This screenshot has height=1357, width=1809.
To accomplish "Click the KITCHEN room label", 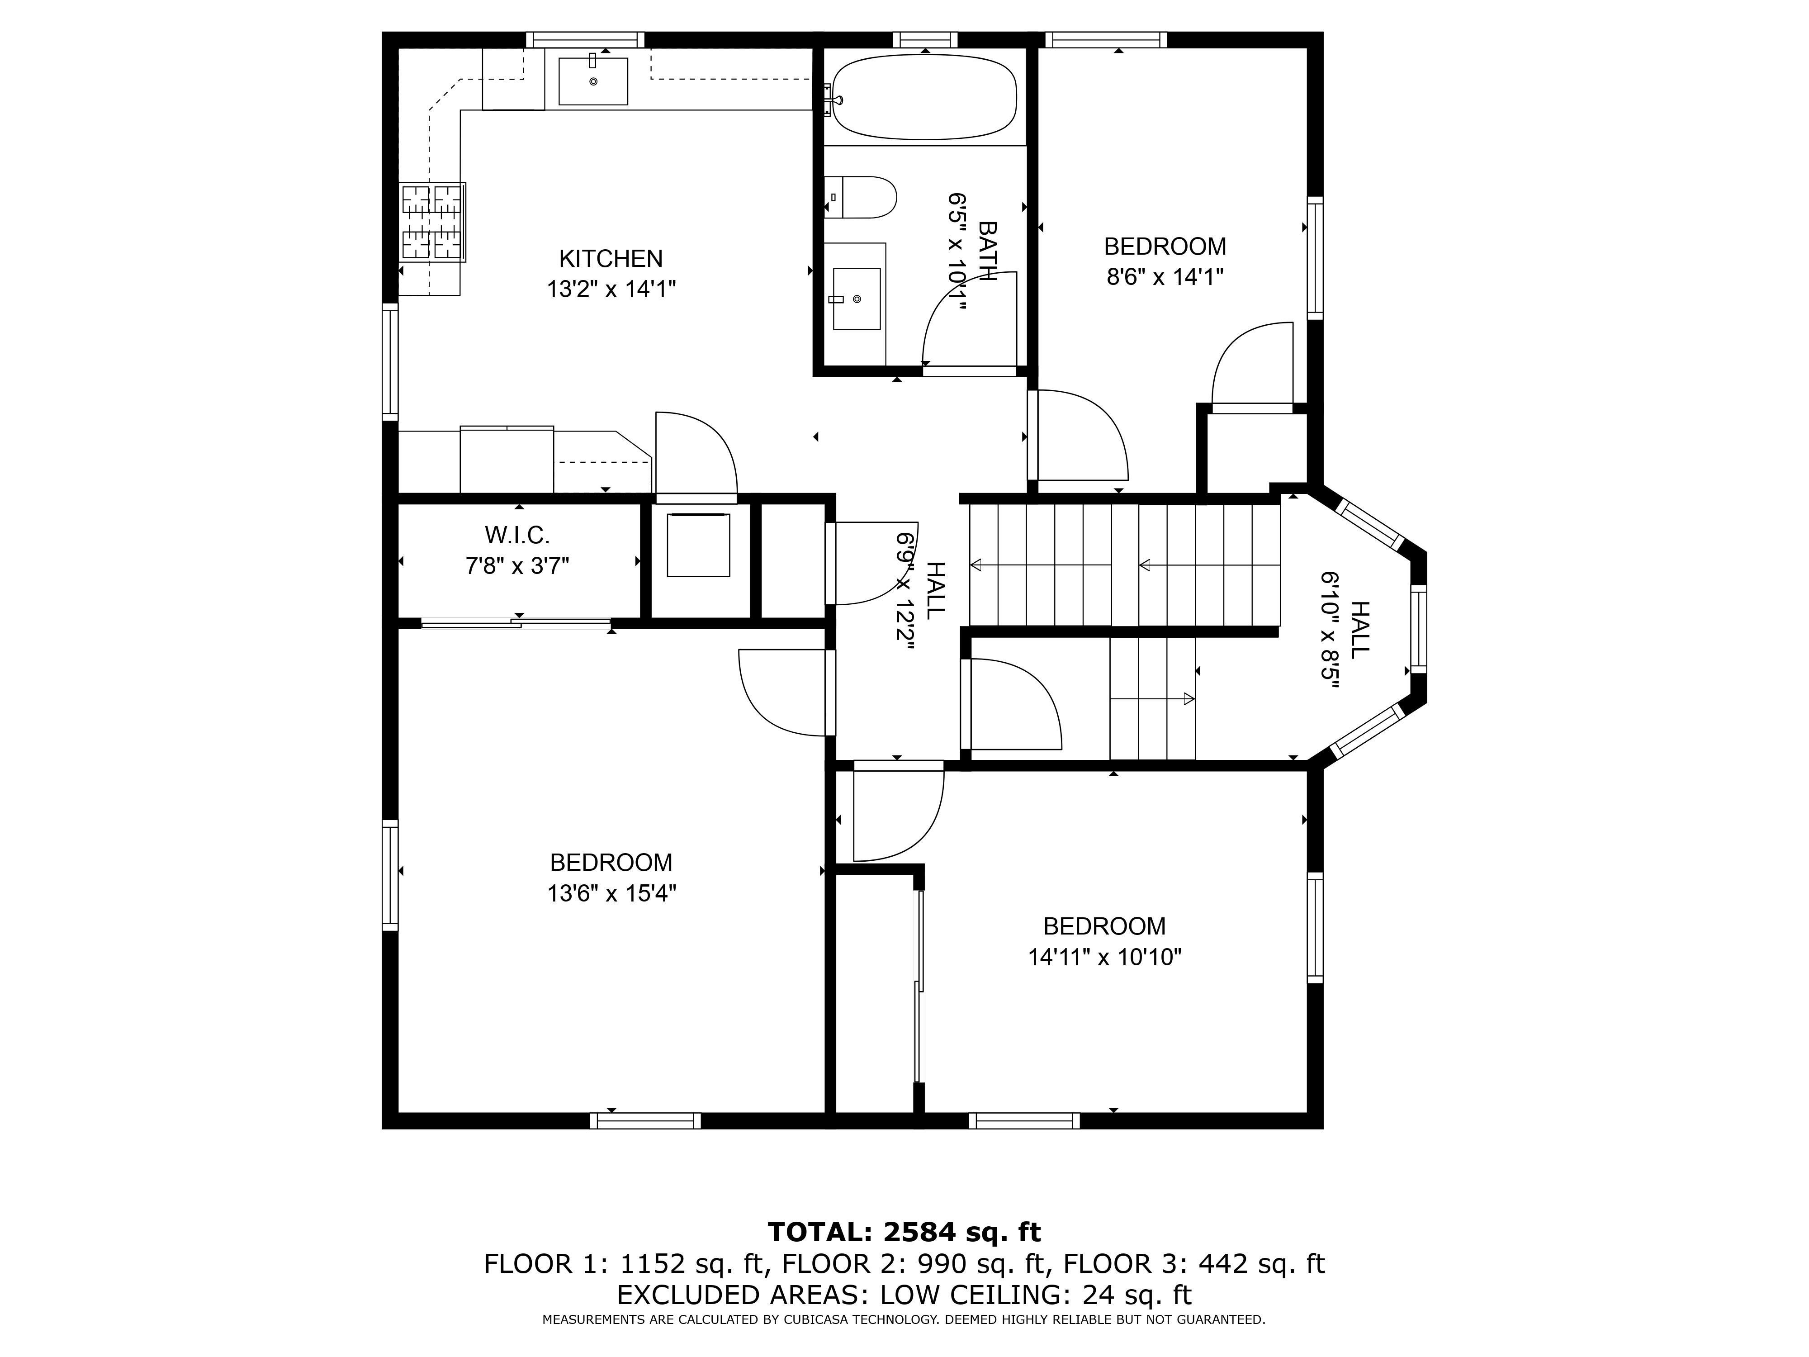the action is pyautogui.click(x=611, y=258).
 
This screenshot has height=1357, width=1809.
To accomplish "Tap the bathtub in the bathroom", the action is pyautogui.click(x=924, y=96).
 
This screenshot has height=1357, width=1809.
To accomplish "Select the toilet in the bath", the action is pyautogui.click(x=860, y=197).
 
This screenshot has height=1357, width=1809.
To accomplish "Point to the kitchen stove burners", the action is pyautogui.click(x=433, y=222).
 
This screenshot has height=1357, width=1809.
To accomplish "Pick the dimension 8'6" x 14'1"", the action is pyautogui.click(x=1165, y=277).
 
